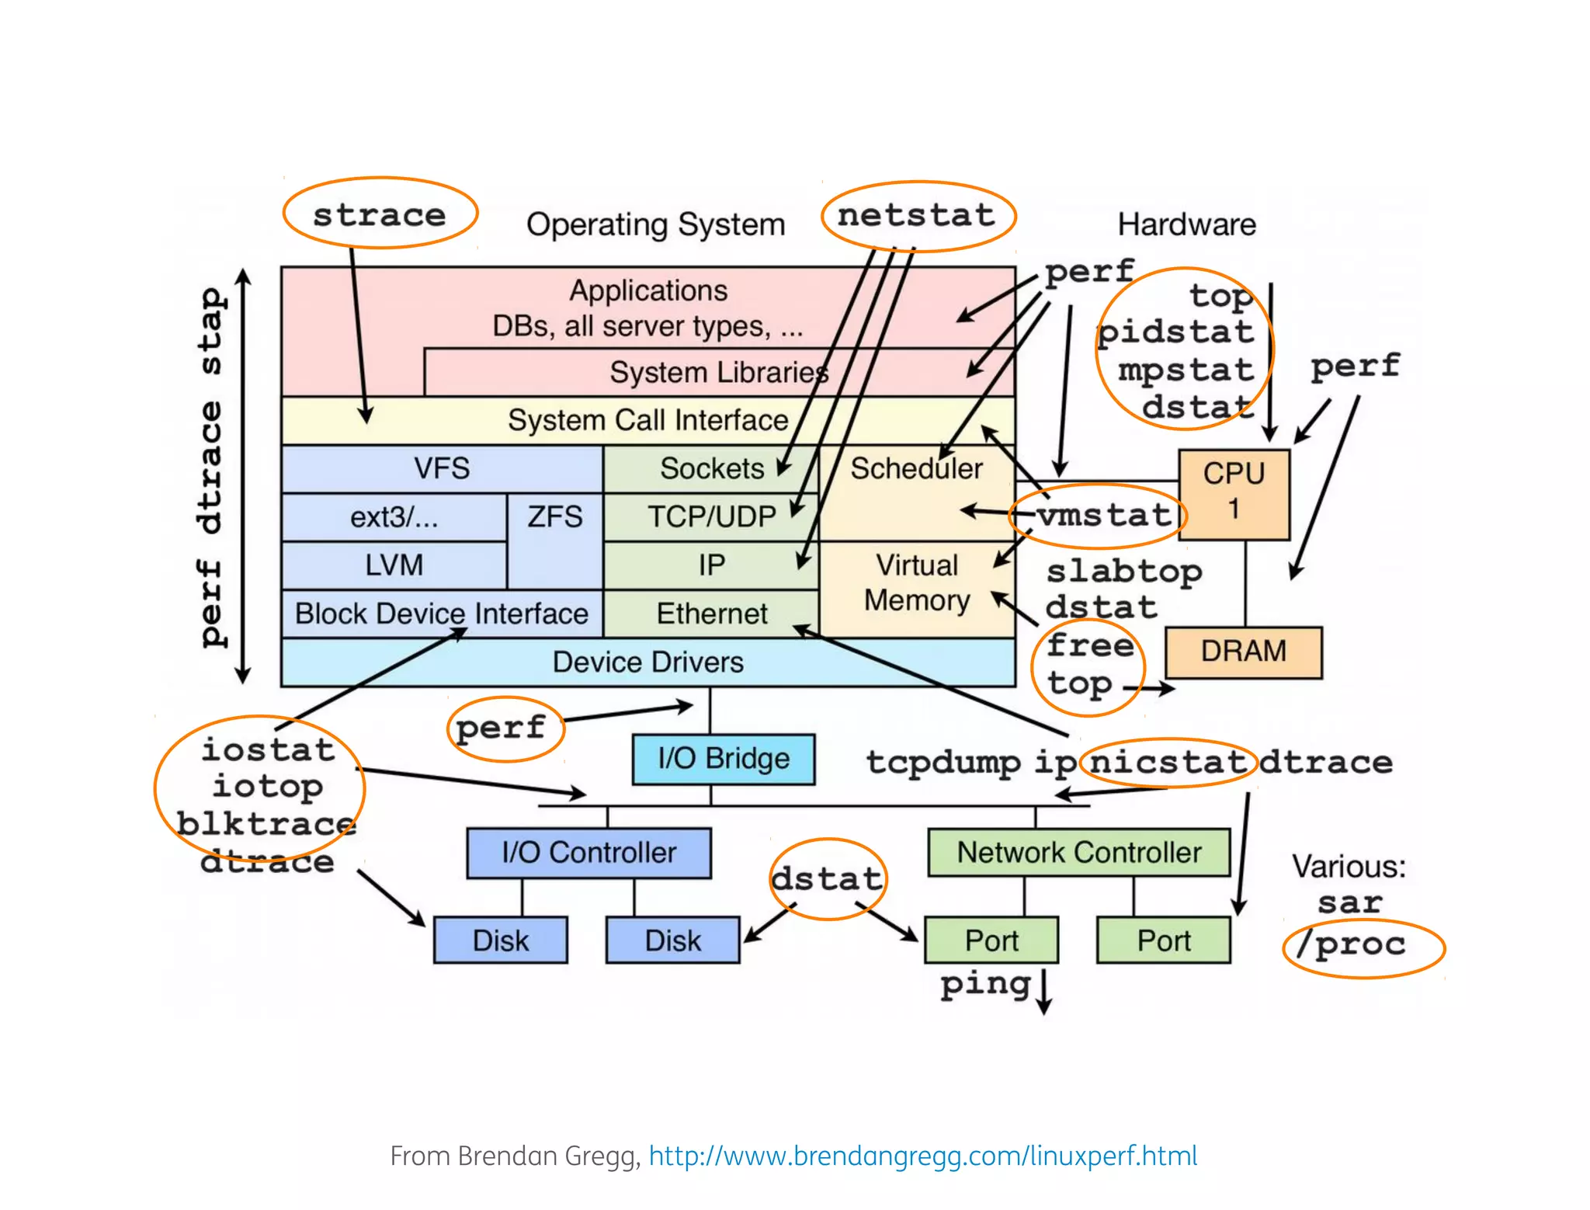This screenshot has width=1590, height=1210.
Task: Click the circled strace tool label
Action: [x=380, y=214]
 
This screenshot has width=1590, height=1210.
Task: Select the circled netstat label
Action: [x=917, y=215]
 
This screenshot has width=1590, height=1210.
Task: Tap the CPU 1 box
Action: [x=1234, y=493]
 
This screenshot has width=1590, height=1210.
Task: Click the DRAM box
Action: [x=1243, y=651]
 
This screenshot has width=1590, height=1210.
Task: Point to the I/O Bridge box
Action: [x=723, y=758]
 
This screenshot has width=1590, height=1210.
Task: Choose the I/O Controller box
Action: [x=588, y=852]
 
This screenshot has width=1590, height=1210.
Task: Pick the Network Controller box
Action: [x=1078, y=852]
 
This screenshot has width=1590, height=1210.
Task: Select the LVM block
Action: [x=394, y=565]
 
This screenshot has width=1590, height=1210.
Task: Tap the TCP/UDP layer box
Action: [x=711, y=516]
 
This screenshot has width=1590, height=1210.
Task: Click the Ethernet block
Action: [x=711, y=614]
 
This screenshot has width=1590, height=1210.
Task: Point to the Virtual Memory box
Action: [x=916, y=582]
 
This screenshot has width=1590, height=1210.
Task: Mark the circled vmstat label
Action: [x=1103, y=514]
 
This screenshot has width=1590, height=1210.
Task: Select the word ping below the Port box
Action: [x=984, y=984]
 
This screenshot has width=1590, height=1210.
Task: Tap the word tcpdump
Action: [x=943, y=762]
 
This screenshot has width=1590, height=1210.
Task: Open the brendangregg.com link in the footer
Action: [x=922, y=1156]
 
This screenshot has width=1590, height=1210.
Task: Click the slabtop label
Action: [x=1123, y=572]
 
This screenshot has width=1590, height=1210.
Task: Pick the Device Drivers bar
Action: [x=647, y=662]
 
